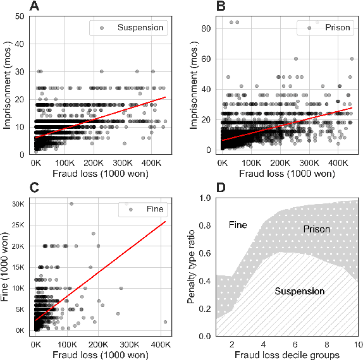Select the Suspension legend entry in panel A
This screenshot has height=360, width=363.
[x=140, y=28]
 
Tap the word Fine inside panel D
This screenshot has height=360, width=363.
[x=237, y=224]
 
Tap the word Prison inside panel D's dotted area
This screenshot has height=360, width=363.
[x=316, y=229]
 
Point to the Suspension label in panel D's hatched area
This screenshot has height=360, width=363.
[x=300, y=291]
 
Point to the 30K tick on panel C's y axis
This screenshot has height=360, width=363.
[x=17, y=204]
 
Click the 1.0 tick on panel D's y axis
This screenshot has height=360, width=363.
[x=206, y=198]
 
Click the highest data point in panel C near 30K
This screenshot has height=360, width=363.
[x=71, y=204]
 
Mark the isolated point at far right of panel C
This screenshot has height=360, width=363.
[x=166, y=321]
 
